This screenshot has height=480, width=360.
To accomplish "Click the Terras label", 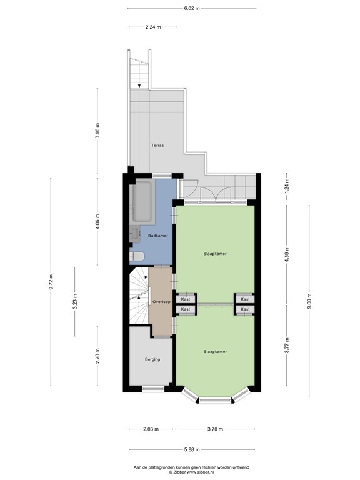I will [157, 145].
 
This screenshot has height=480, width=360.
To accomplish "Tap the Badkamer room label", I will [157, 235].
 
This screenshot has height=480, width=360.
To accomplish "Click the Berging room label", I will [152, 359].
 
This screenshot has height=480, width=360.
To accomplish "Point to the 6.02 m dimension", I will [192, 8].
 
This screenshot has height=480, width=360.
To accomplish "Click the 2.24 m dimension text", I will [153, 27].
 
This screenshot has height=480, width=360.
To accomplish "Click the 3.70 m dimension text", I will [215, 429].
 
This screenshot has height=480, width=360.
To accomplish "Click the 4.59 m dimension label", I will [287, 257].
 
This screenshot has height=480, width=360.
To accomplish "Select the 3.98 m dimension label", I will [97, 131].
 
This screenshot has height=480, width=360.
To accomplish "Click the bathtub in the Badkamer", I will [142, 202].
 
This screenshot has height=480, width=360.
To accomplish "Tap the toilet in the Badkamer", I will [137, 256].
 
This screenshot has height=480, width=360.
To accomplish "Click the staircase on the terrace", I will [139, 72].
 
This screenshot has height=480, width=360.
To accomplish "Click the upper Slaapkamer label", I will [215, 254].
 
